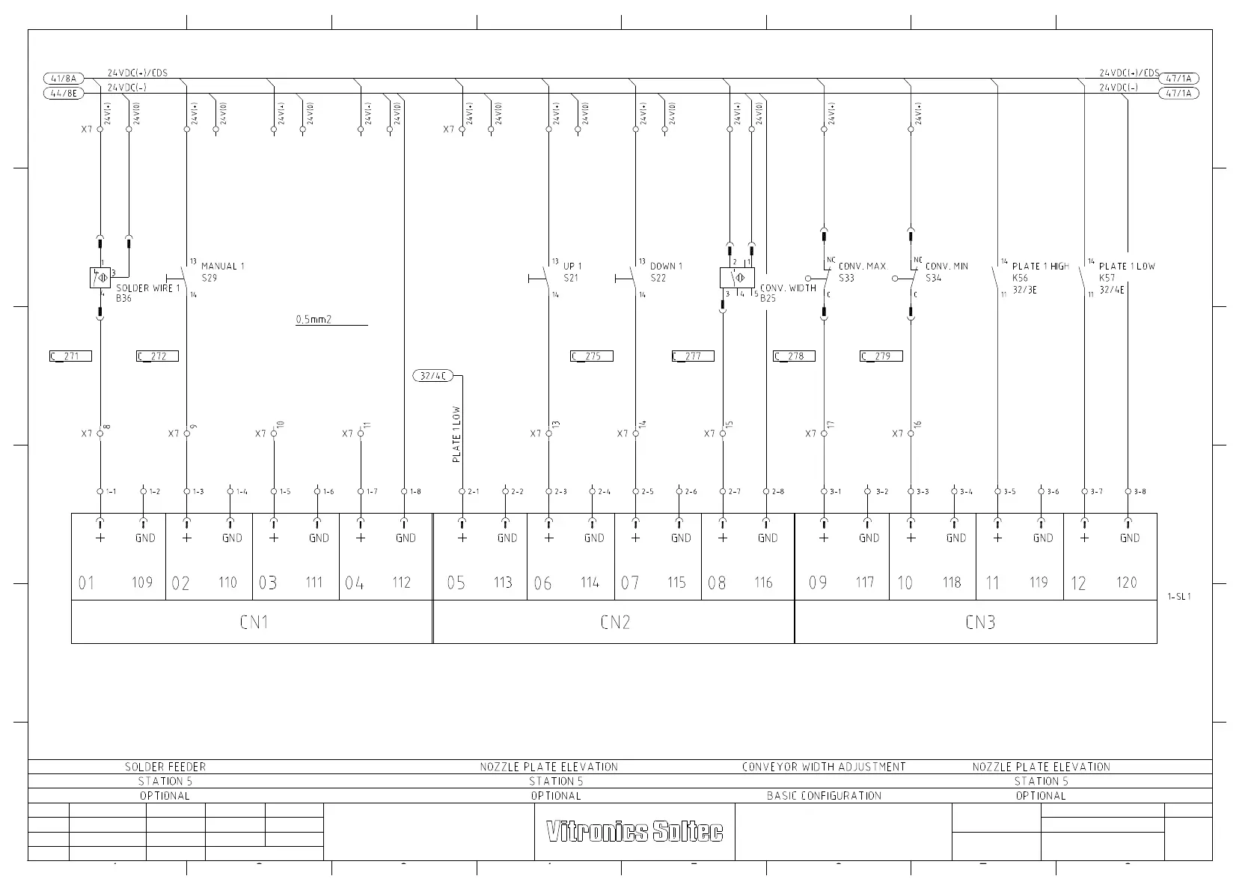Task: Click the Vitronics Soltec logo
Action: tap(634, 831)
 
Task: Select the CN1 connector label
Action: tap(254, 622)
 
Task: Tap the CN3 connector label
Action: tap(980, 622)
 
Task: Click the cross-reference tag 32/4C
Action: tap(433, 376)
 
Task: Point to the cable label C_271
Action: tap(70, 356)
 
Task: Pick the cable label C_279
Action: tap(881, 356)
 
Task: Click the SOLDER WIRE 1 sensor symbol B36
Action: tap(100, 278)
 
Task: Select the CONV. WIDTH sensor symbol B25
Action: tap(737, 279)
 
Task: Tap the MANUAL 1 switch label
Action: tap(222, 267)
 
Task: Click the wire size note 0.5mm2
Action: tap(314, 320)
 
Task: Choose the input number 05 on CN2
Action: tap(456, 583)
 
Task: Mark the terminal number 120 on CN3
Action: tap(1126, 583)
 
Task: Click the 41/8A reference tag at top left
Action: tap(65, 79)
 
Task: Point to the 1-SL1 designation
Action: tap(1178, 597)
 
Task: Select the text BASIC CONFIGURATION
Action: tap(824, 796)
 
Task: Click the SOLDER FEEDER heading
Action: tap(165, 767)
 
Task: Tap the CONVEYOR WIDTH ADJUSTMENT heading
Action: tap(824, 767)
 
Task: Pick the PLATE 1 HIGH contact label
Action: tap(1041, 267)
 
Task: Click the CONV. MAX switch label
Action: tap(862, 267)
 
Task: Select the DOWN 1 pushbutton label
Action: tap(666, 267)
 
